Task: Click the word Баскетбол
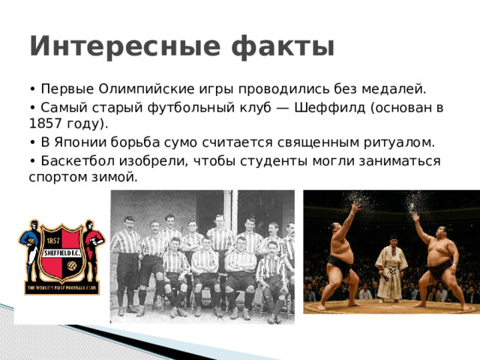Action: pos(75,161)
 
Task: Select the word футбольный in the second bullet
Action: pos(196,107)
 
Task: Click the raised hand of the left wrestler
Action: pos(356,205)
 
